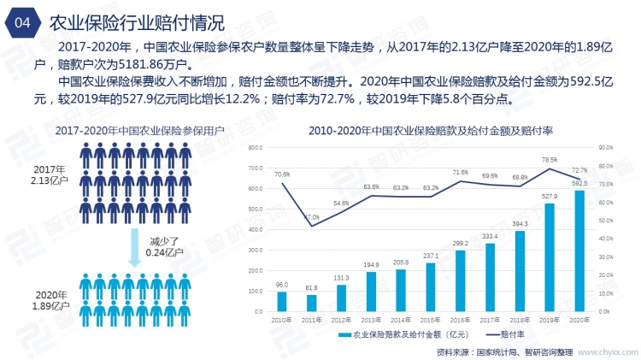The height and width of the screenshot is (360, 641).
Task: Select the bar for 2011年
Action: point(312,303)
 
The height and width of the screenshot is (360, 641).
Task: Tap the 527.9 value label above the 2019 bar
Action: point(550,196)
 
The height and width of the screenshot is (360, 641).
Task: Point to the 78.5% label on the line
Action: point(549,160)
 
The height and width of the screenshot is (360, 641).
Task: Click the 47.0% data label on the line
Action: point(312,217)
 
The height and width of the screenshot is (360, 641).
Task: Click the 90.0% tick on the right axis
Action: point(605,148)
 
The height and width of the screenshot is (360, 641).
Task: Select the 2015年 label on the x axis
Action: point(431,319)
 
